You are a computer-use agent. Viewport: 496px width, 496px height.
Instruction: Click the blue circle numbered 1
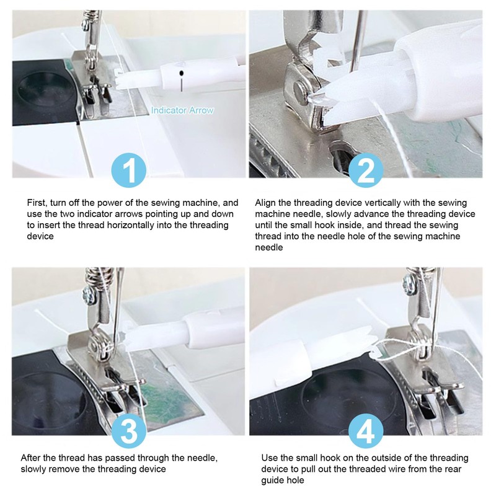[129, 170]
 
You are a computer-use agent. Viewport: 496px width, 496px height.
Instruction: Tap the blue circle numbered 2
[366, 170]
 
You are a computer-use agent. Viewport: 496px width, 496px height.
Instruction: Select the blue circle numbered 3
[129, 431]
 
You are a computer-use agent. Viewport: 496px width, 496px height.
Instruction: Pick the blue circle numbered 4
[366, 431]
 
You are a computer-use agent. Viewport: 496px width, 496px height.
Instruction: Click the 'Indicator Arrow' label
[182, 110]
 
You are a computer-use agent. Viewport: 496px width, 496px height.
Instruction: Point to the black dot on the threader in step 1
[181, 73]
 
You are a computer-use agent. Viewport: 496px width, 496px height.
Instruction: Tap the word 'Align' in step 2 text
[265, 203]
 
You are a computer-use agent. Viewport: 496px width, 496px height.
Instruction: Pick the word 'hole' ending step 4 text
[295, 480]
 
